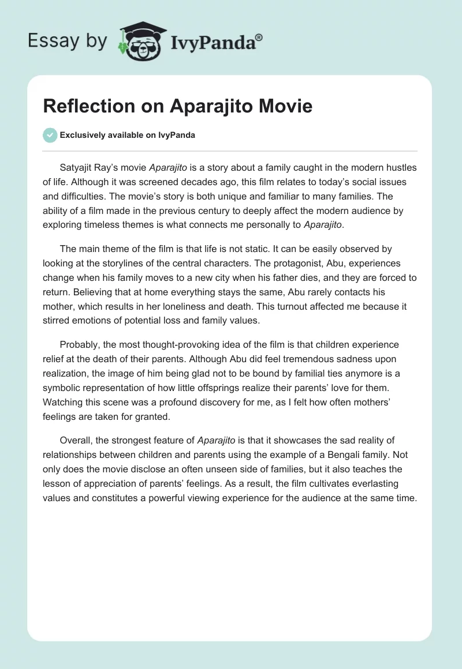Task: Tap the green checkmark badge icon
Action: pyautogui.click(x=50, y=135)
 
